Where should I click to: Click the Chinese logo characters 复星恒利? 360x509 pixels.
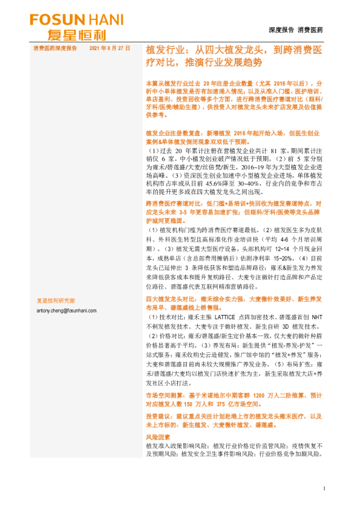tap(71, 34)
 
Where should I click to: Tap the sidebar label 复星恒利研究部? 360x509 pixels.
tap(56, 300)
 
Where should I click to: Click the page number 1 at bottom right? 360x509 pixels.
tap(325, 488)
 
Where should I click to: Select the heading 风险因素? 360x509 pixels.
tap(158, 436)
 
